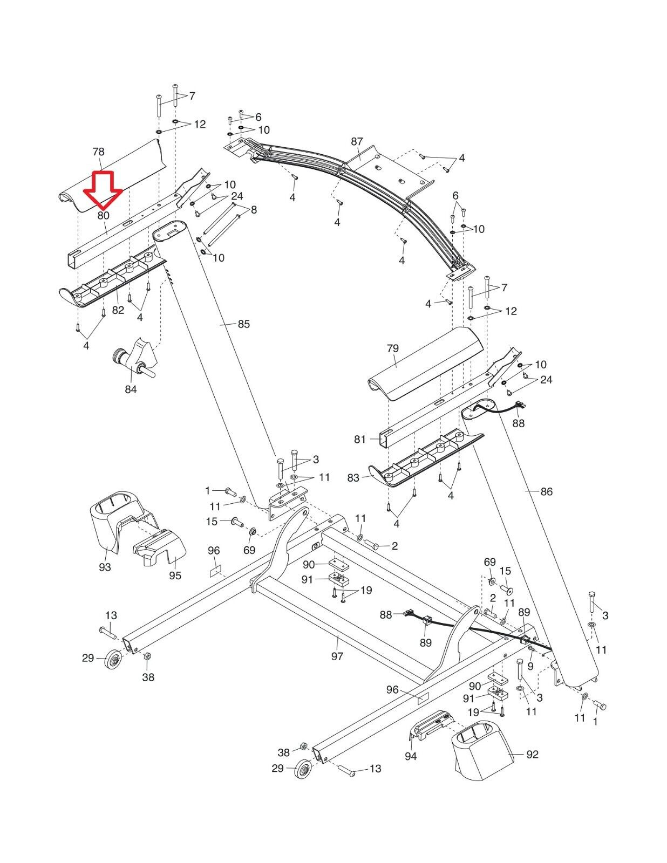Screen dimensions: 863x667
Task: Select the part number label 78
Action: coord(98,152)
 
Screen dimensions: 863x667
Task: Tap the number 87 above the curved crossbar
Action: coord(357,142)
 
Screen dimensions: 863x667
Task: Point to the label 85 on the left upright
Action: coord(243,324)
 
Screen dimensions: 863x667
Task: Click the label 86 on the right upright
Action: coord(546,491)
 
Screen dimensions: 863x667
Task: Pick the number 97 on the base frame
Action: coord(337,656)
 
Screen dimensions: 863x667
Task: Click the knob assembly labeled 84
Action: coord(135,359)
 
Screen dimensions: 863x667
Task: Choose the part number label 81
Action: coord(360,440)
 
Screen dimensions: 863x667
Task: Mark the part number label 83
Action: coord(353,478)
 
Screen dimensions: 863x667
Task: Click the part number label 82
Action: coord(118,310)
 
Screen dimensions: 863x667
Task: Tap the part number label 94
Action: coord(411,756)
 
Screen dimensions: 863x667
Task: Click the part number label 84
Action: coord(131,388)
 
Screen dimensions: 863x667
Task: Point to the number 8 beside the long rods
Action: coord(254,210)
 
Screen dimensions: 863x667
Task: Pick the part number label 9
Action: coord(530,666)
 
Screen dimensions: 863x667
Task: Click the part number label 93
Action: coord(105,567)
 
